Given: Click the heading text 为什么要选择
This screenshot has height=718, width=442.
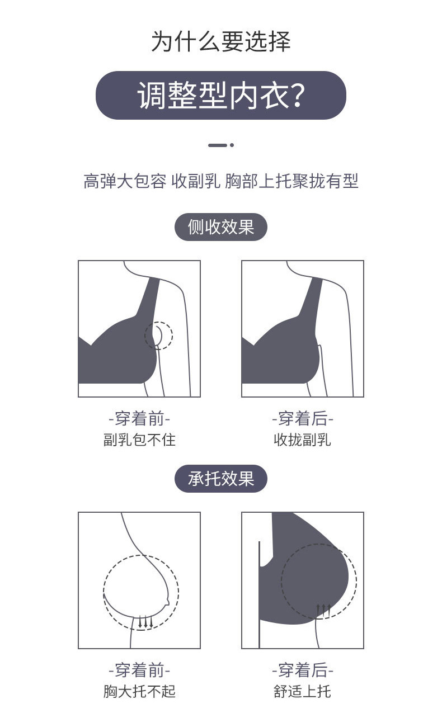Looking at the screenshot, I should tap(221, 42).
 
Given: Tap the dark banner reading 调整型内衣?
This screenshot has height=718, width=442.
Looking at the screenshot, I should tap(221, 95).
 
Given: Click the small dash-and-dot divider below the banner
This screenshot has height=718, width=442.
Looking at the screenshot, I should tap(221, 145).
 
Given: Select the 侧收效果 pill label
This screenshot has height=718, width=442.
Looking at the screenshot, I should tap(221, 228).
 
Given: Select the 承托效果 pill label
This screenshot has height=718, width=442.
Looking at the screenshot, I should tap(221, 479).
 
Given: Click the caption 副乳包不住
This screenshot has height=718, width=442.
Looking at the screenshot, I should tap(139, 440).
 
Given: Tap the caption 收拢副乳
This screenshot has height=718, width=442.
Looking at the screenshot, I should tap(302, 440).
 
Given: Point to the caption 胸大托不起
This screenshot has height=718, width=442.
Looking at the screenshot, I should tap(139, 692).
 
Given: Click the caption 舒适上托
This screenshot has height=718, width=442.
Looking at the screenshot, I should tap(302, 692).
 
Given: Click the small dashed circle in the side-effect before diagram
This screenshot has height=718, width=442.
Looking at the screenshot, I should tap(159, 336).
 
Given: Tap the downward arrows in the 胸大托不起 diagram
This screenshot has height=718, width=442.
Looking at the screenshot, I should tap(145, 621).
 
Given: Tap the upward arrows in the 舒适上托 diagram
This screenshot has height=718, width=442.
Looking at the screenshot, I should tap(323, 610).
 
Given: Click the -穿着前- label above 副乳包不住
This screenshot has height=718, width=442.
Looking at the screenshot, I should tap(139, 418).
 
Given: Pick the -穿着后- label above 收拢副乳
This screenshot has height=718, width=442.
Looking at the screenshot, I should tap(302, 418).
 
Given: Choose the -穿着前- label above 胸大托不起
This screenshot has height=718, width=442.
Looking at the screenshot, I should tap(139, 670).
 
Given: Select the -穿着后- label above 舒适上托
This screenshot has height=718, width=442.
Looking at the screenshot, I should tap(302, 670).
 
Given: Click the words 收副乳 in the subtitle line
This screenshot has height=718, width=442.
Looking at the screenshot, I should tap(196, 182).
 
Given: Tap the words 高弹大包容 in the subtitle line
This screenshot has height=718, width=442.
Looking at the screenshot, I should tap(125, 182).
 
